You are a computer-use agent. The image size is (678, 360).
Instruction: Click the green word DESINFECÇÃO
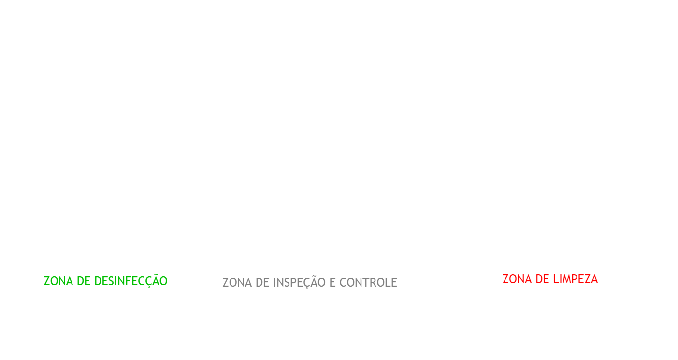tap(131, 280)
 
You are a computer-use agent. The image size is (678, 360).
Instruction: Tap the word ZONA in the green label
tap(58, 281)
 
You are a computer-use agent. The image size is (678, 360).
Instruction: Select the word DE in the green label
tap(84, 281)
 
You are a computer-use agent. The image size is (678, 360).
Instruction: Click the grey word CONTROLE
tap(368, 283)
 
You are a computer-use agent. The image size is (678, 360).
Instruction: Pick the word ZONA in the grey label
tap(237, 283)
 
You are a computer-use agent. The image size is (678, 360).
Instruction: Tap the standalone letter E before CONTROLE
tap(332, 283)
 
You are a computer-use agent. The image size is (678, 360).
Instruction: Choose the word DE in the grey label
tap(262, 283)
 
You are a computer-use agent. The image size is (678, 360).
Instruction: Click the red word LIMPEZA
tap(576, 279)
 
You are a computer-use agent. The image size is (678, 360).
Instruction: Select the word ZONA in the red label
tap(517, 279)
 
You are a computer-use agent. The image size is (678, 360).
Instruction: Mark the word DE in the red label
tap(542, 279)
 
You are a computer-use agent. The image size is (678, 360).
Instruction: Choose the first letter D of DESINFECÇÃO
tap(98, 281)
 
